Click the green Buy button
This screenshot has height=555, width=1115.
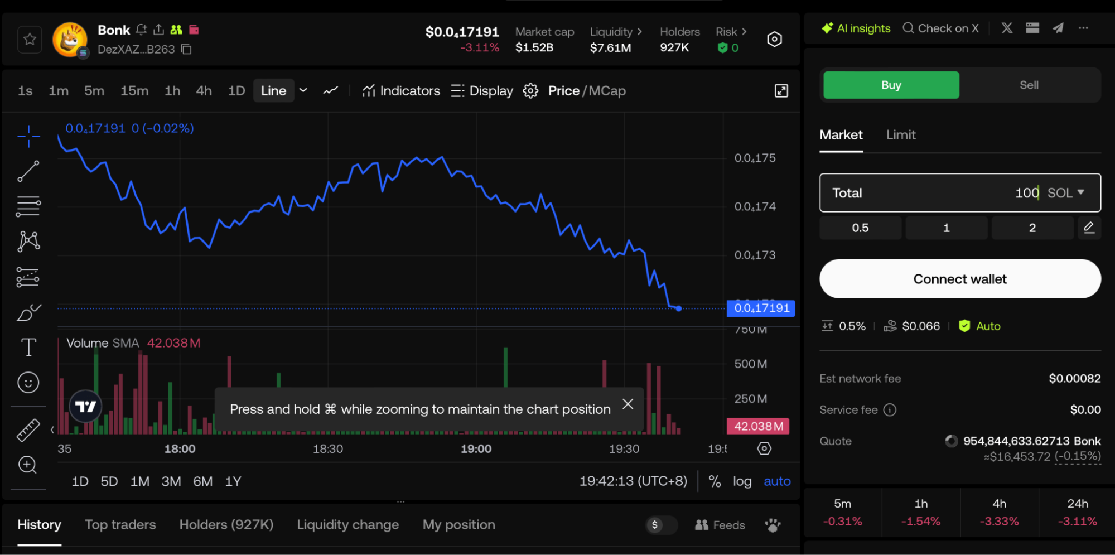(x=891, y=85)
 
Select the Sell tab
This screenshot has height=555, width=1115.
(x=1029, y=85)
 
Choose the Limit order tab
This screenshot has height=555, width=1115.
(x=900, y=135)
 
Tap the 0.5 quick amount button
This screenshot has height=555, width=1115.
(x=860, y=228)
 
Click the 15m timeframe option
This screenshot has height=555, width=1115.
(x=134, y=91)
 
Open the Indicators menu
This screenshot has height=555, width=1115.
(x=401, y=91)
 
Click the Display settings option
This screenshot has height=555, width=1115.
(x=482, y=91)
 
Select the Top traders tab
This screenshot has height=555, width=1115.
(x=120, y=525)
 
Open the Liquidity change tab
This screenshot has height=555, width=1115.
(x=347, y=525)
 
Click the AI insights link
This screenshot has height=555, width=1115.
(x=856, y=28)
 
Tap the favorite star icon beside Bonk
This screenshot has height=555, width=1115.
(x=30, y=40)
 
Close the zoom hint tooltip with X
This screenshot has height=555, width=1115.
(x=628, y=404)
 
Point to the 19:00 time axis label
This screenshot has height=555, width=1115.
(x=476, y=449)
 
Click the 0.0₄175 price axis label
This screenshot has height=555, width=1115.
(x=755, y=158)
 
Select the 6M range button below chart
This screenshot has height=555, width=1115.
(x=202, y=481)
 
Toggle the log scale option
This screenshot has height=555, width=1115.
(x=742, y=481)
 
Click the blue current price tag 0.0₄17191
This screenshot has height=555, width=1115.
(x=761, y=308)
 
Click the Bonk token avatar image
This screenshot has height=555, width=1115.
(x=70, y=40)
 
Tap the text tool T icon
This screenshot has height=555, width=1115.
(x=28, y=348)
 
